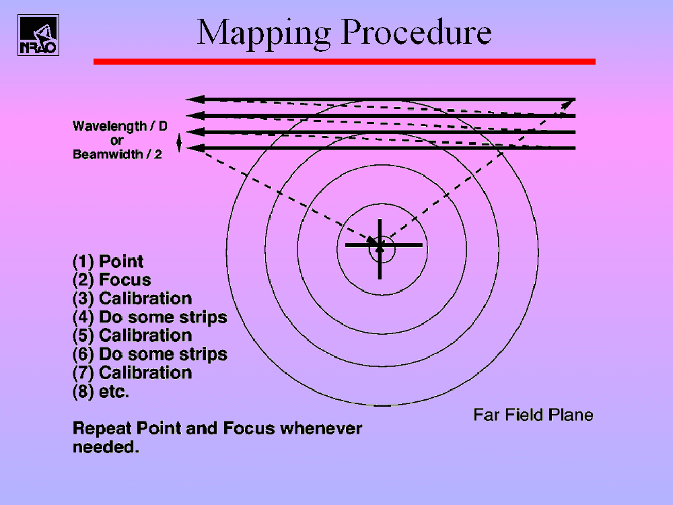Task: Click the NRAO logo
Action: [38, 35]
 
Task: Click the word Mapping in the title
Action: [264, 34]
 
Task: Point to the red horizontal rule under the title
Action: [344, 62]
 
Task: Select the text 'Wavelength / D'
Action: [120, 127]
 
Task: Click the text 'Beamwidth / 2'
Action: [117, 154]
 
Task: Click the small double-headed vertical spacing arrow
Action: [179, 143]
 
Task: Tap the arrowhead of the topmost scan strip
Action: [195, 99]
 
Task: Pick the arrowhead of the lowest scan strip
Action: [195, 148]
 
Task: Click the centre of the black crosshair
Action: [380, 245]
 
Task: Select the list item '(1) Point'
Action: [108, 261]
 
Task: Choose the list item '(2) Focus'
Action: [112, 280]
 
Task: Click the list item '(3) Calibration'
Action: [132, 298]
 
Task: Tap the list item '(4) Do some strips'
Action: [150, 317]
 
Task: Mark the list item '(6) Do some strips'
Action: [150, 354]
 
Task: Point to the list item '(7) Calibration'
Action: [132, 373]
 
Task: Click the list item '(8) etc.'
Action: [101, 392]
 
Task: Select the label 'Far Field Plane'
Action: [533, 415]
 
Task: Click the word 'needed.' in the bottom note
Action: [106, 447]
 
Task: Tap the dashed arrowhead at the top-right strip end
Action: [568, 104]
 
